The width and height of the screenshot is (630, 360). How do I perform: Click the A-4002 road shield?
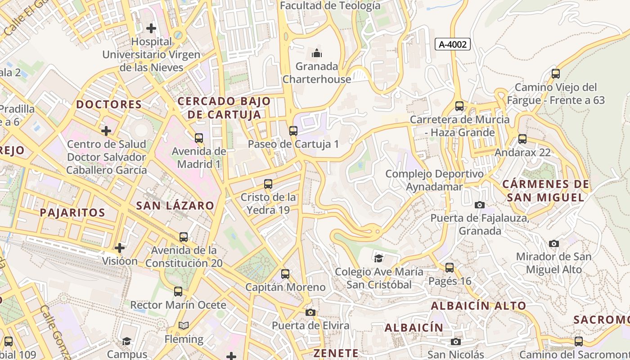click(453, 44)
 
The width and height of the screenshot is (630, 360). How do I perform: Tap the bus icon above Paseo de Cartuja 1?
click(293, 131)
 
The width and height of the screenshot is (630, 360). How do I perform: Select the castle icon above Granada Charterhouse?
click(317, 53)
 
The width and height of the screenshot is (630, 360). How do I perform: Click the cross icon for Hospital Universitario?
click(151, 28)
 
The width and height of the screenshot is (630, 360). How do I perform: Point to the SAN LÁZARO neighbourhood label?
click(175, 206)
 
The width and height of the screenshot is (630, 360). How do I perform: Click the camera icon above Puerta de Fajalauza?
click(480, 205)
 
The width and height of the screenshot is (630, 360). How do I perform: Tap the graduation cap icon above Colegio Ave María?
click(379, 258)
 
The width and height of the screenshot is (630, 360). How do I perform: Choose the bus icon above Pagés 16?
click(449, 268)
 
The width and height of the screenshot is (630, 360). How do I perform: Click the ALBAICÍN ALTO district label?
click(478, 306)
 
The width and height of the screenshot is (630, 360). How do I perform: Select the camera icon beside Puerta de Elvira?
click(310, 312)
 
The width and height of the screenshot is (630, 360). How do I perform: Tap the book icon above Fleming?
click(184, 325)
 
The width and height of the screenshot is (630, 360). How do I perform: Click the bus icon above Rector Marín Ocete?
click(178, 292)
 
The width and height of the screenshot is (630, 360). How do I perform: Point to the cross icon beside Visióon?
click(120, 248)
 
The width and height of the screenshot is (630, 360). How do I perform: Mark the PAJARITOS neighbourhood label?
click(72, 212)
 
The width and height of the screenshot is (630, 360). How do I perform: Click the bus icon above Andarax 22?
click(522, 139)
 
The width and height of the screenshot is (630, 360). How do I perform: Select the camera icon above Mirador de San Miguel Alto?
click(554, 243)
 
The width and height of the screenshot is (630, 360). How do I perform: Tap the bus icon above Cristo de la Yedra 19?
click(268, 184)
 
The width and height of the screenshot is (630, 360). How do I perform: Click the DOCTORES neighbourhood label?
click(109, 104)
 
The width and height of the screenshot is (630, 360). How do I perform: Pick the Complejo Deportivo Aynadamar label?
click(434, 180)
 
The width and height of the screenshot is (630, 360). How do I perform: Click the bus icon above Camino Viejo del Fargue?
click(556, 74)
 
